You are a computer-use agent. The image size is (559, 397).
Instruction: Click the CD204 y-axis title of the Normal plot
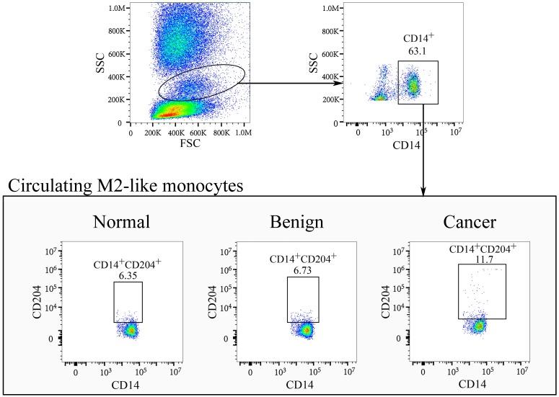(36, 298)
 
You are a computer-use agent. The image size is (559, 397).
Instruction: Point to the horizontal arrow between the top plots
(289, 83)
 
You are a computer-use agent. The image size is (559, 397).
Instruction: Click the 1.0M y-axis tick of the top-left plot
(115, 8)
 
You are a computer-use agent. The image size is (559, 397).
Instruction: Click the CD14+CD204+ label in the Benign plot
(303, 259)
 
